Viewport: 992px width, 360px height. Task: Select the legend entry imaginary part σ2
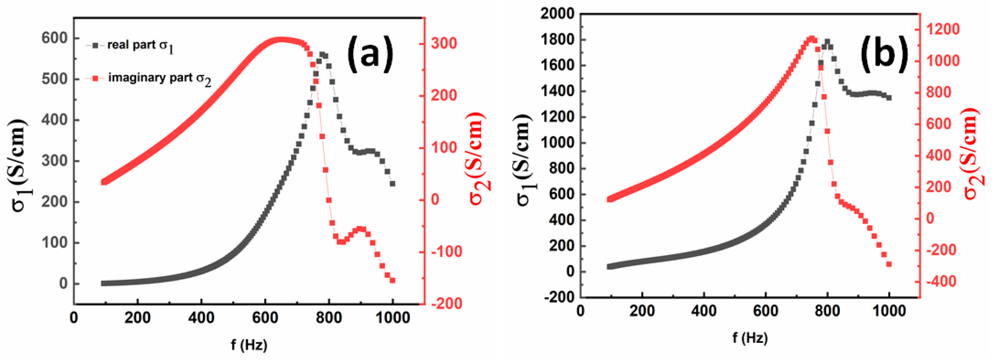coord(159,78)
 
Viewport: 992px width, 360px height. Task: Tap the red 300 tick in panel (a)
coord(444,43)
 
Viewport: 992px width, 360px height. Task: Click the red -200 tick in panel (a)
coord(446,304)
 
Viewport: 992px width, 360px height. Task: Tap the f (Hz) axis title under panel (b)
coord(750,338)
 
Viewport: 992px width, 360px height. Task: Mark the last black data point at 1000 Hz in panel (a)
coord(392,184)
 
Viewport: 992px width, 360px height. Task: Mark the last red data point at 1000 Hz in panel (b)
coord(889,264)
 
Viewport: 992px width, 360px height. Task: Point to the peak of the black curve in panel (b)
coord(827,42)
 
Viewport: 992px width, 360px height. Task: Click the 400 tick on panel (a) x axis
coord(201,318)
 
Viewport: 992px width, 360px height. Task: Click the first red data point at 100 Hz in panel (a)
coord(104,182)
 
